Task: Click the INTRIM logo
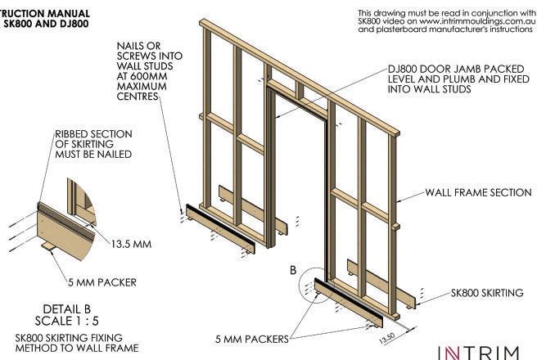(479, 352)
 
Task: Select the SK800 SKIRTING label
(487, 293)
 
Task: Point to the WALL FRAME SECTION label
(478, 193)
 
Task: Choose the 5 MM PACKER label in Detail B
(102, 283)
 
